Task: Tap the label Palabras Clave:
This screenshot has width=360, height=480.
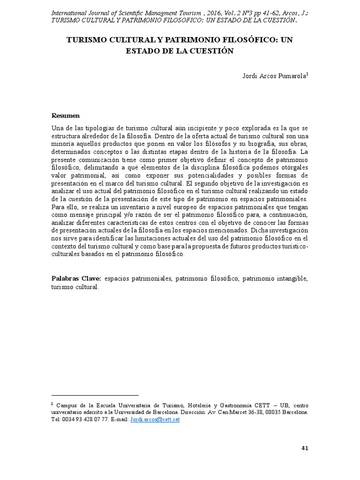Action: [76, 278]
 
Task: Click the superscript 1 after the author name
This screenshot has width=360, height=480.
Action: [307, 73]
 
